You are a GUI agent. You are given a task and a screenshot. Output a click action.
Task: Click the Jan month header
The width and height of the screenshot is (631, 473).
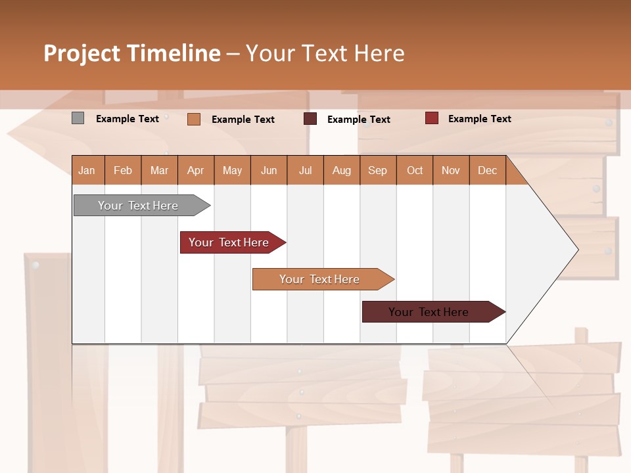(x=87, y=170)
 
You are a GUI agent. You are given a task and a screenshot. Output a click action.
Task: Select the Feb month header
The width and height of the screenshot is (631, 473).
(x=123, y=170)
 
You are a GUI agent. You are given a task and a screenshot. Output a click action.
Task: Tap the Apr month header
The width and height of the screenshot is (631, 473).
(x=195, y=170)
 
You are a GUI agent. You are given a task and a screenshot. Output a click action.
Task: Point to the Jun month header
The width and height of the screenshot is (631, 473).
(x=269, y=170)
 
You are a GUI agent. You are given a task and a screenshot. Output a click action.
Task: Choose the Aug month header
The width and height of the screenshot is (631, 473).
(x=341, y=170)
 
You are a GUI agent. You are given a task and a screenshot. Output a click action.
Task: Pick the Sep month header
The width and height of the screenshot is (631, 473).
(x=377, y=170)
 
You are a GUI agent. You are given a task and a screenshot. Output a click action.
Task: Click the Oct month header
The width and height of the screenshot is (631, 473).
(x=415, y=170)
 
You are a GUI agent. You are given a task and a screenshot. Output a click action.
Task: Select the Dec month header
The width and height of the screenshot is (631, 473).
(x=487, y=170)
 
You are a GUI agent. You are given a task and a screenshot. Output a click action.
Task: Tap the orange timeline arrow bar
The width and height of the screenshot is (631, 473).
(x=320, y=279)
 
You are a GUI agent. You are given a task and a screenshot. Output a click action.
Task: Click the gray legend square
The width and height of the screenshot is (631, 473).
(x=78, y=118)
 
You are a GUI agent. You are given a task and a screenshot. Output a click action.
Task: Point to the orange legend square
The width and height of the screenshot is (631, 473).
(x=193, y=119)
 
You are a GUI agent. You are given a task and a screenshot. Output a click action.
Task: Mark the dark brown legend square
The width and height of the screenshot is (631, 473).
(x=310, y=119)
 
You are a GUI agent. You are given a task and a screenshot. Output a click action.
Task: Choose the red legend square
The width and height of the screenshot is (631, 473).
(x=431, y=118)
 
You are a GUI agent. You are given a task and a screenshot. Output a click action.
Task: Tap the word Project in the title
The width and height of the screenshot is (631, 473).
(x=82, y=53)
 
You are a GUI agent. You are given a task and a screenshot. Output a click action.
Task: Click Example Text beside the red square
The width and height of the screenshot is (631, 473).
(x=479, y=119)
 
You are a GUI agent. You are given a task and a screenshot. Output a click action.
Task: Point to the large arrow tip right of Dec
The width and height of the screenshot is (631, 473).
(x=552, y=250)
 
